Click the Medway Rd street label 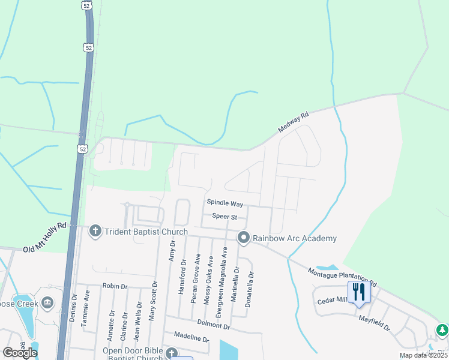click(293, 122)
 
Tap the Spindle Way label click(225, 204)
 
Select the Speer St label click(224, 217)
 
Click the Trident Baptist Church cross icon click(95, 231)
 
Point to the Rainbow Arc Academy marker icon click(243, 238)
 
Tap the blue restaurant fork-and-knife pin click(359, 292)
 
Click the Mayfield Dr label click(375, 324)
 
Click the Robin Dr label click(115, 286)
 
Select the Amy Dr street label click(172, 251)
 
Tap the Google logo click(20, 353)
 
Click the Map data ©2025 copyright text click(423, 355)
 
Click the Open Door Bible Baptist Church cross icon click(172, 353)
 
